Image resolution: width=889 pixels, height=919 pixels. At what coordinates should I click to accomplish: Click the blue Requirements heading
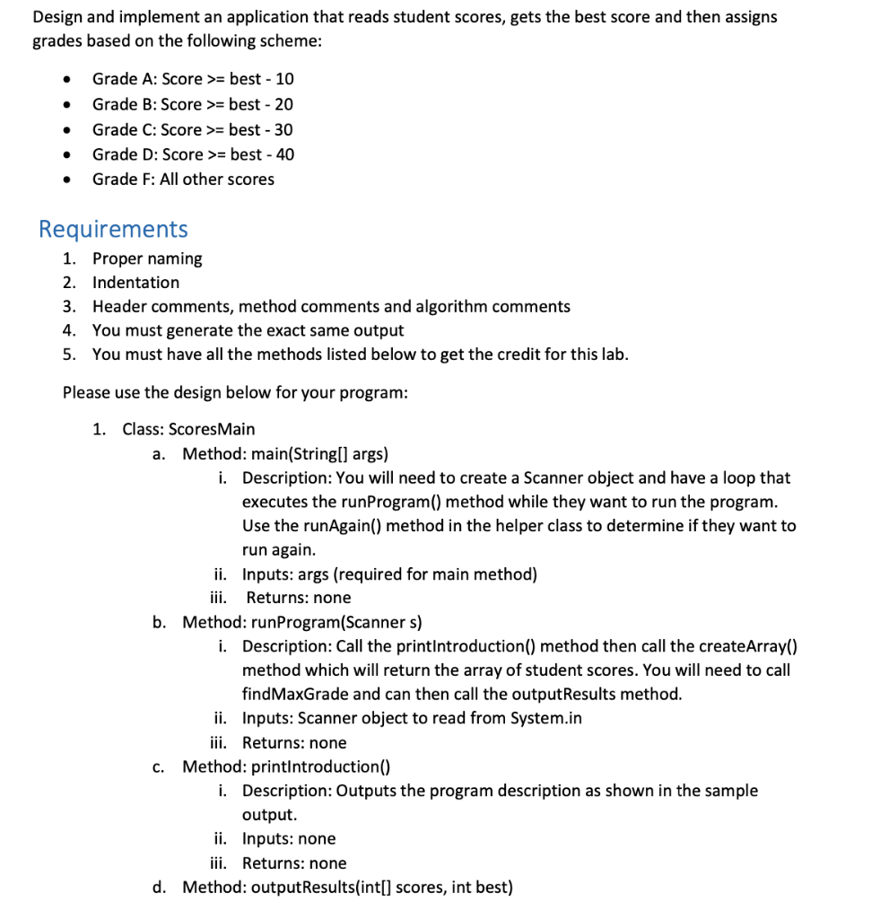point(113,230)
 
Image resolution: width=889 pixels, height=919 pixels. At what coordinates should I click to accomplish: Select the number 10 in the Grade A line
point(284,79)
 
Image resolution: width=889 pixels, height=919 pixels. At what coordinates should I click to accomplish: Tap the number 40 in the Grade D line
point(284,154)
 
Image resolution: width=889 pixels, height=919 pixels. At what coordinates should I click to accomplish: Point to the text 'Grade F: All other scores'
point(183,179)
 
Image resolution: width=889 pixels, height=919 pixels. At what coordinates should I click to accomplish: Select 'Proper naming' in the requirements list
point(147,258)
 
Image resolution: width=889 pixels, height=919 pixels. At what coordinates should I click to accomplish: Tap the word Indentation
point(135,283)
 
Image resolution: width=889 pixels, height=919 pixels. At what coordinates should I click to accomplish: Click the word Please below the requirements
point(87,393)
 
